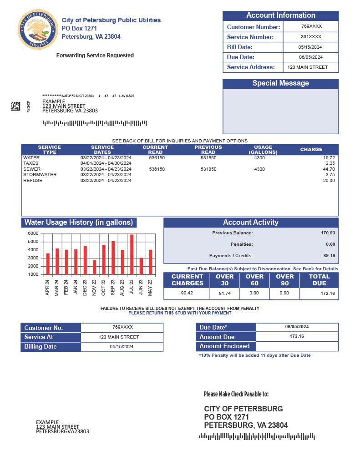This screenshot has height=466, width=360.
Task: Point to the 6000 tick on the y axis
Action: tap(33, 233)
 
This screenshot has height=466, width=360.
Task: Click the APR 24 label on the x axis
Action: tap(47, 288)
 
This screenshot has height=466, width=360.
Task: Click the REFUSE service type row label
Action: tap(33, 181)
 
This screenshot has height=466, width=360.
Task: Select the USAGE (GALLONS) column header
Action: tap(263, 150)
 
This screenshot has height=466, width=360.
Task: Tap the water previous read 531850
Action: tap(208, 157)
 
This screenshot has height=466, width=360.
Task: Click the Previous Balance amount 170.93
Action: tap(328, 233)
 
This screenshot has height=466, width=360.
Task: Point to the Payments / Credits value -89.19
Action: tap(327, 256)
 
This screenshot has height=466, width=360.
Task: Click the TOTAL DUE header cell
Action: tap(319, 280)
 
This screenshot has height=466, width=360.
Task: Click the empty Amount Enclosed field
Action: tap(297, 346)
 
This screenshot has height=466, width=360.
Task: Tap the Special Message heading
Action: tap(280, 83)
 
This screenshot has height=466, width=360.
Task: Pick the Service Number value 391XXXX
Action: tap(311, 37)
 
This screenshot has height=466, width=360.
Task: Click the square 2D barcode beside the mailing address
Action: tap(15, 106)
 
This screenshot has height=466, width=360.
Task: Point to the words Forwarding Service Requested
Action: tap(95, 56)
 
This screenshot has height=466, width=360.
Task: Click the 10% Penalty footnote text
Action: tap(255, 355)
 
